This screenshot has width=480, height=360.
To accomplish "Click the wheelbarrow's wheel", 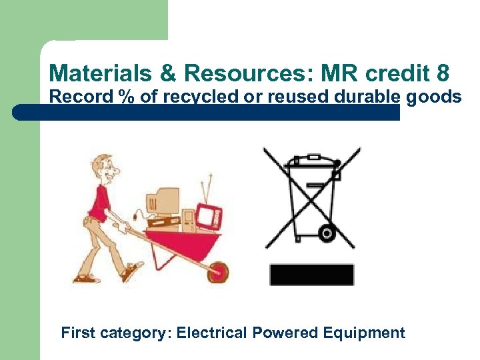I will pyautogui.click(x=217, y=271).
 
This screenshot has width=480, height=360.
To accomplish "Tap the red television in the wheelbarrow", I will pyautogui.click(x=208, y=215).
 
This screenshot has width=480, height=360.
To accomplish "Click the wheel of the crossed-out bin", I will pyautogui.click(x=326, y=233).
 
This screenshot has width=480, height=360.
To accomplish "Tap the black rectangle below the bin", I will pyautogui.click(x=311, y=275).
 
